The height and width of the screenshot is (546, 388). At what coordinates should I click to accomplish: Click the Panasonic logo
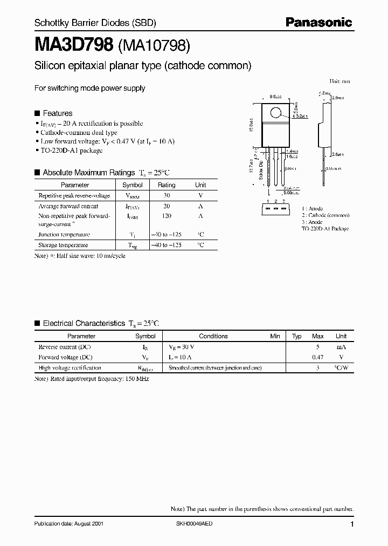click(318, 22)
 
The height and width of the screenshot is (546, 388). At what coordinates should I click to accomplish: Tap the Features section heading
click(57, 113)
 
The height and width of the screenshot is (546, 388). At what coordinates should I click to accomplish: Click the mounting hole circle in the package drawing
click(276, 113)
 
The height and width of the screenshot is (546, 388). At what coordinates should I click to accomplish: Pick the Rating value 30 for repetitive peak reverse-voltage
click(167, 196)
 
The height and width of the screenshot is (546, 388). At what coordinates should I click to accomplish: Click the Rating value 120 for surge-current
click(167, 216)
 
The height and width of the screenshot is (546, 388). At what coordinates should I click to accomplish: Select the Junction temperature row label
click(64, 235)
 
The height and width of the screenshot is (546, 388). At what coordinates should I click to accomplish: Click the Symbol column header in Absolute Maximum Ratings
click(133, 185)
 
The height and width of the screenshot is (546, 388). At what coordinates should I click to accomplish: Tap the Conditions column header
click(213, 336)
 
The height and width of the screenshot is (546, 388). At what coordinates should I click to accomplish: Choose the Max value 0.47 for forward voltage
click(318, 357)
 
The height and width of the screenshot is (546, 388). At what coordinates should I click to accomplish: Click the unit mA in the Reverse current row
click(341, 347)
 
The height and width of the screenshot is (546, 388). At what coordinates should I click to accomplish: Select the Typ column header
click(296, 336)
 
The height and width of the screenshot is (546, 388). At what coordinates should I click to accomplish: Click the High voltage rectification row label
click(70, 368)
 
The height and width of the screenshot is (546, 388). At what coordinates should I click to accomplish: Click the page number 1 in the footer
click(352, 524)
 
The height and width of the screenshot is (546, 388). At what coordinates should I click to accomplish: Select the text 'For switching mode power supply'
click(89, 88)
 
